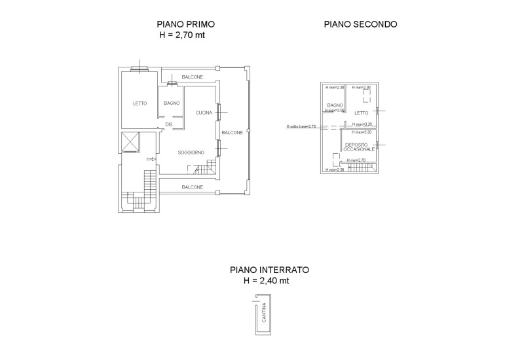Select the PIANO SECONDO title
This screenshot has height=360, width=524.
[x=361, y=25]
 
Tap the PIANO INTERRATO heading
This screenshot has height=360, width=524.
[x=269, y=270]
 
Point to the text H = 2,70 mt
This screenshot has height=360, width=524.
[x=187, y=36]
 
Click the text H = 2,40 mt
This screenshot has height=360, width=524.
[x=266, y=281]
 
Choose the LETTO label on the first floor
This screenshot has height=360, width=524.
[x=140, y=103]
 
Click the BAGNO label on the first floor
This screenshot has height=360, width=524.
[x=172, y=103]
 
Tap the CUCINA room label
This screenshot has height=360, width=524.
[x=203, y=113]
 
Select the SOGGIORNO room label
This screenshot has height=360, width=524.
[x=191, y=153]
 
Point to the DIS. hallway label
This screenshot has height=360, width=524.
[x=169, y=124]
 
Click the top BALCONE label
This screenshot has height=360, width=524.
[x=193, y=77]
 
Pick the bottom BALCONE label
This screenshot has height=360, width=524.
[x=193, y=187]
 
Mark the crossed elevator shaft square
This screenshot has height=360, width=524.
[x=131, y=142]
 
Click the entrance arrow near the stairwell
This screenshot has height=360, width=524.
[x=151, y=159]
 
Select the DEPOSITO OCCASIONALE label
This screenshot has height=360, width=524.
[x=360, y=147]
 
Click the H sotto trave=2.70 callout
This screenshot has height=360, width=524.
[x=301, y=126]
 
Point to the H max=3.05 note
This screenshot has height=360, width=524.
[x=334, y=111]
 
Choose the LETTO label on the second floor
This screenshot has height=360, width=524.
[x=362, y=113]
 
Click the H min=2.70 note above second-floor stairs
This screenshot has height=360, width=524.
[x=356, y=160]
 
